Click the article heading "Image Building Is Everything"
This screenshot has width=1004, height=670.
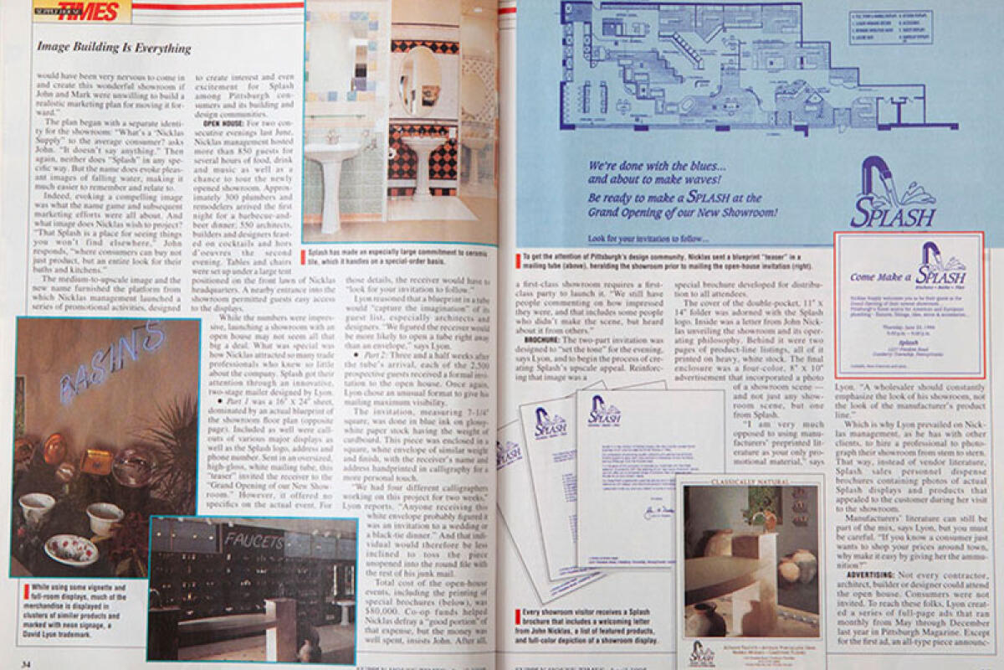pos(114,49)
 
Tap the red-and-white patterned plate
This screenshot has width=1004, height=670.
pos(71,549)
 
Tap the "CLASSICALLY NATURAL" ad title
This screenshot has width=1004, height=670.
pos(750,482)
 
